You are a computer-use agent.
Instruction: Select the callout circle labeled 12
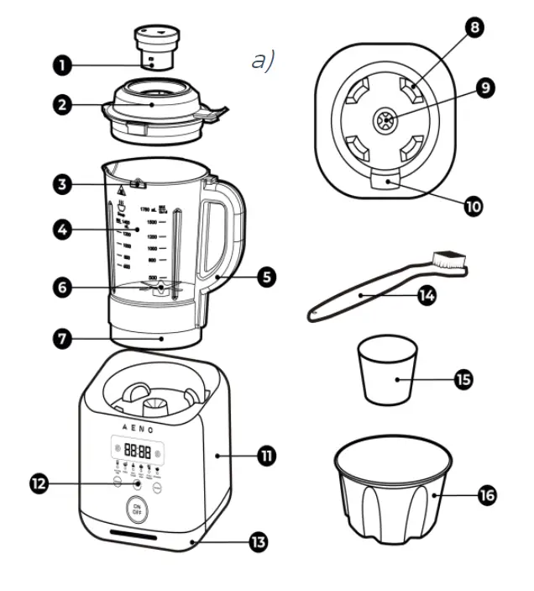pos(36,483)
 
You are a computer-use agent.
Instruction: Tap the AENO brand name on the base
pos(137,427)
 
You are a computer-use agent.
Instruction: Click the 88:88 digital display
pos(137,451)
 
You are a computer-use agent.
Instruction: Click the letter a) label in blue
pos(263,61)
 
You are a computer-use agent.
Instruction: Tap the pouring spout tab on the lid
pos(216,110)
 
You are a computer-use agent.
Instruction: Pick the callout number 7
pos(61,340)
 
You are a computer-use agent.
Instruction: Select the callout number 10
pos(474,205)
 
